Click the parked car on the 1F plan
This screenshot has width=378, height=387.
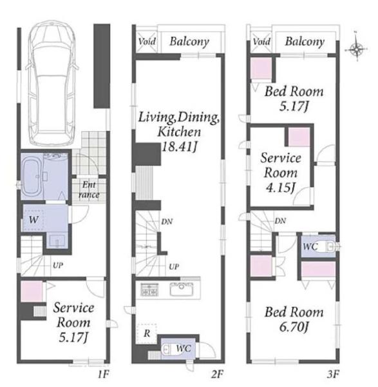[53, 83]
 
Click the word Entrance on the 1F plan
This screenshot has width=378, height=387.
[89, 190]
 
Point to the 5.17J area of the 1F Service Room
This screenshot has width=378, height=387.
[73, 337]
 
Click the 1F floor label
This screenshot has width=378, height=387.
[103, 375]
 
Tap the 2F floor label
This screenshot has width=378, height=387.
[217, 375]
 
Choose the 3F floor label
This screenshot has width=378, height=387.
[333, 375]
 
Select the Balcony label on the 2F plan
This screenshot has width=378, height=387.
[189, 41]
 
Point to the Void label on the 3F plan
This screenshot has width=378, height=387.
[261, 41]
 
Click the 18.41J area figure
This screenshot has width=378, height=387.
[179, 147]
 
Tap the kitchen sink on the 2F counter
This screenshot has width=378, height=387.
[182, 288]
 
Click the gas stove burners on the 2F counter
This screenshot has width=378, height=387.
[149, 289]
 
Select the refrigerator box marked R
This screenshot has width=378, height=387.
[147, 333]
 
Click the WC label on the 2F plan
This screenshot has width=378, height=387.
[184, 348]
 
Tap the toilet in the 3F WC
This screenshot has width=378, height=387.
[329, 246]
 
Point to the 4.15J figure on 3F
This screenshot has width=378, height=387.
[280, 188]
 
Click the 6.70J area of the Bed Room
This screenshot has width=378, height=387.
[294, 328]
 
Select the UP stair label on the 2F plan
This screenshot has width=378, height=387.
[174, 266]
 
